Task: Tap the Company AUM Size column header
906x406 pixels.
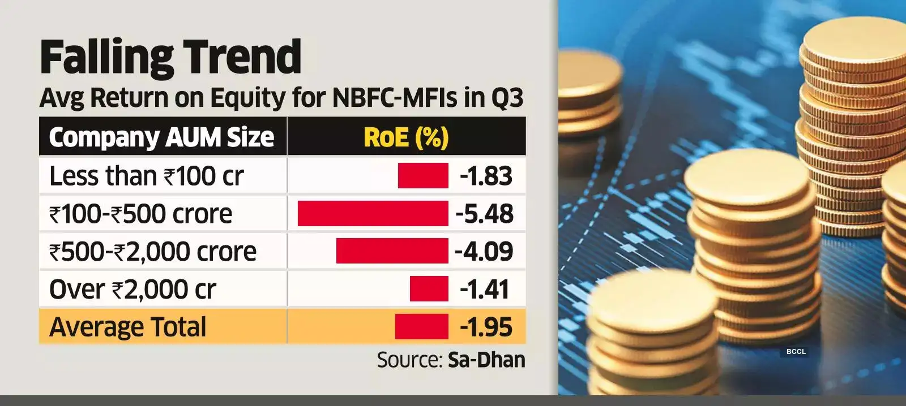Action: (161, 137)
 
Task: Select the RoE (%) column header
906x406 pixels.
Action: (406, 137)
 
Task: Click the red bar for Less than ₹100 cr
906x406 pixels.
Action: (423, 176)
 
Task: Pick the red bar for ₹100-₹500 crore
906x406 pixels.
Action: (373, 214)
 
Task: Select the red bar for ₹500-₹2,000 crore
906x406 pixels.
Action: (392, 251)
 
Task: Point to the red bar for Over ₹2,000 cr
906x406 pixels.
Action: (429, 289)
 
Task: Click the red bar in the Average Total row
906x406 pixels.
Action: (421, 327)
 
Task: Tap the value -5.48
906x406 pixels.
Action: (485, 214)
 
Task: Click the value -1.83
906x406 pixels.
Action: (486, 176)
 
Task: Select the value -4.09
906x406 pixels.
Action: (484, 251)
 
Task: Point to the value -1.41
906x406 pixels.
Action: (485, 289)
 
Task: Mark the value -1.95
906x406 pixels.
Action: (486, 327)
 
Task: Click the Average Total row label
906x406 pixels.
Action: (128, 327)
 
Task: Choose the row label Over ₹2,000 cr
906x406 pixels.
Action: (133, 289)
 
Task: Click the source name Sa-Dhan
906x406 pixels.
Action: (486, 360)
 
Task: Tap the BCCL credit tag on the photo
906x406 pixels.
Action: (796, 352)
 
